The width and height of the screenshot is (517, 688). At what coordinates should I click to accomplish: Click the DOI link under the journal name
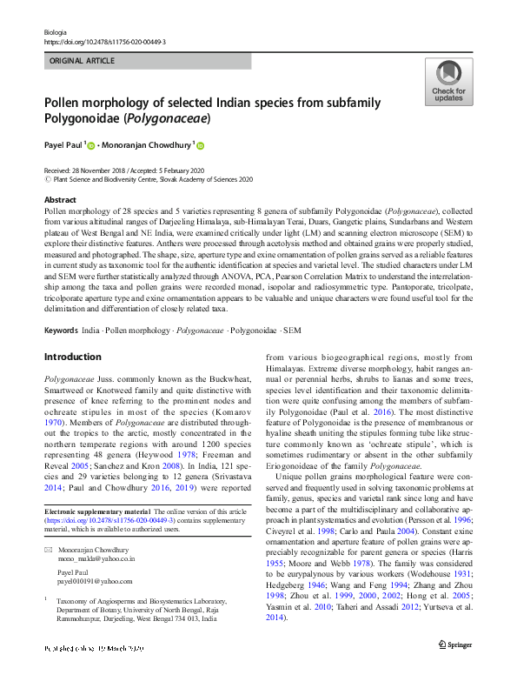[x=104, y=42]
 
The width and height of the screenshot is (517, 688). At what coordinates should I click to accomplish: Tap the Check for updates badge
[x=447, y=83]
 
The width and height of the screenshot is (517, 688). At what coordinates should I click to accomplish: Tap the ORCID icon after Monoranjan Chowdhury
[x=200, y=145]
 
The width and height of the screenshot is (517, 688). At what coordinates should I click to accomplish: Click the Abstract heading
[x=60, y=200]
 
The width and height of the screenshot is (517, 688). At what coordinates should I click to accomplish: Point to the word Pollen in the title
[x=64, y=102]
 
